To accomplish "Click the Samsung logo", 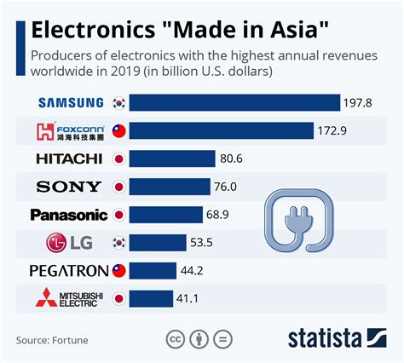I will [x=71, y=103].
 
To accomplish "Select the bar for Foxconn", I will [x=222, y=131].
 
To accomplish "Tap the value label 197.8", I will [x=359, y=103].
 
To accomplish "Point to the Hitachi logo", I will [x=69, y=158].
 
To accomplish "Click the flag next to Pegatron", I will [x=119, y=271].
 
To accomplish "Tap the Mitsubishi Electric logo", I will [x=68, y=298].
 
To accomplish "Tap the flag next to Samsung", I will [x=119, y=103].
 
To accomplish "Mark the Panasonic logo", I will [x=69, y=215].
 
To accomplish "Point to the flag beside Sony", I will [x=119, y=187].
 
